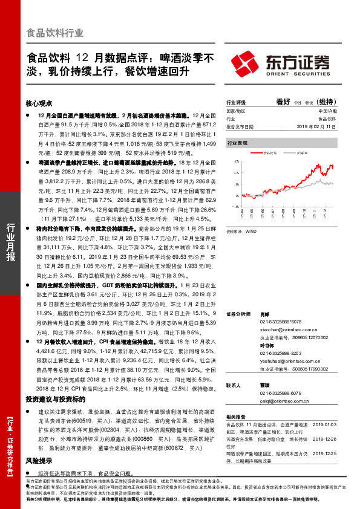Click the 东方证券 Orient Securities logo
[280, 63]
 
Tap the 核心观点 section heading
[39, 103]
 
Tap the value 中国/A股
[327, 112]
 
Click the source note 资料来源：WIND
[240, 231]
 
